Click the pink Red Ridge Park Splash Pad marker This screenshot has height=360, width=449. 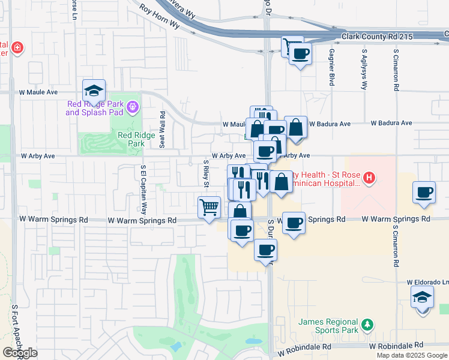133,108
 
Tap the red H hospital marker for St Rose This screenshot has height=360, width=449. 369,178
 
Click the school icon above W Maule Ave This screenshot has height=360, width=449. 94,91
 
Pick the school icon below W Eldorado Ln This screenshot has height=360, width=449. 422,297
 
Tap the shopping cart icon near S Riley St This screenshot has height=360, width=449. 209,208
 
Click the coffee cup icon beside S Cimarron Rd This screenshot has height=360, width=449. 424,193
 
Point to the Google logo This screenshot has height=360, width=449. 20,353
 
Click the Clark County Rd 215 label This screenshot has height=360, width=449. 378,37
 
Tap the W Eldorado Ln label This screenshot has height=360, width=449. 427,282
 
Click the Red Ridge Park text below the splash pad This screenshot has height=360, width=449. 131,139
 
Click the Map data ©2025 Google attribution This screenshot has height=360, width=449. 412,355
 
